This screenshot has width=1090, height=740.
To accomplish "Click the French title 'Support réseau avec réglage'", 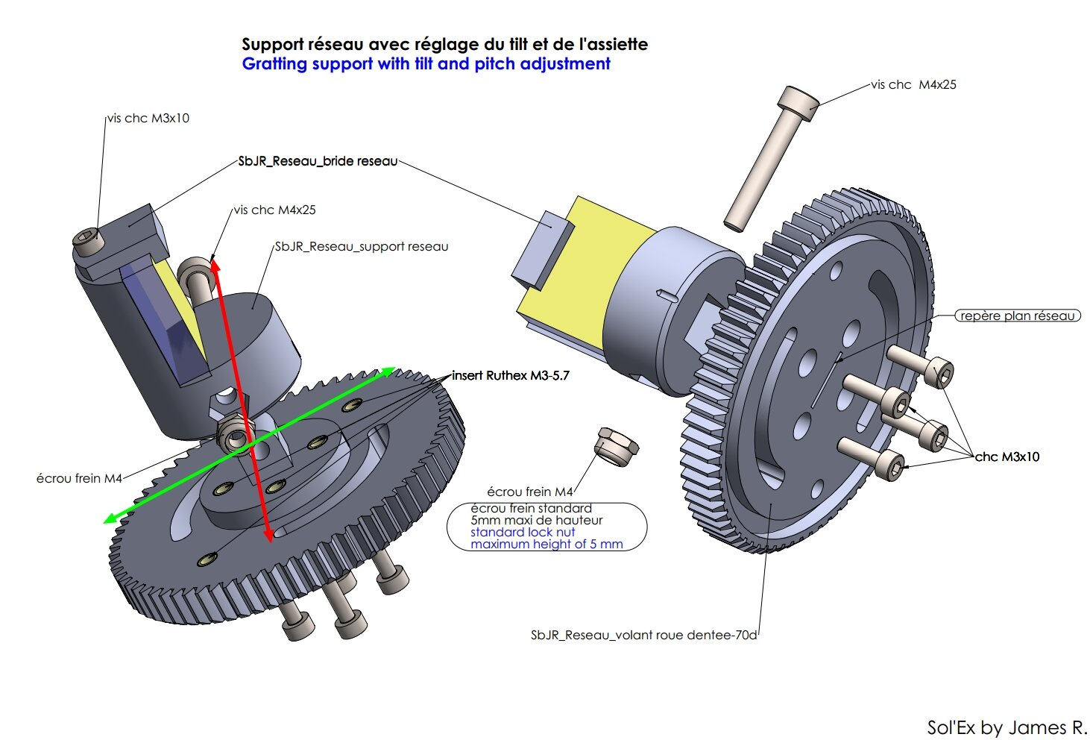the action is (x=359, y=44).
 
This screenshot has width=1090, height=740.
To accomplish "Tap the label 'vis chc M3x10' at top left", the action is (x=148, y=119).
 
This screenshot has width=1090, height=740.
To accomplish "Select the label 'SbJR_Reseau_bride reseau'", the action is (x=318, y=161).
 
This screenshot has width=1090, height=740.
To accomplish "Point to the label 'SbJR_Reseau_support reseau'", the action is (x=362, y=246).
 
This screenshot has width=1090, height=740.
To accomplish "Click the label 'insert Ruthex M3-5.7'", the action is (x=511, y=375).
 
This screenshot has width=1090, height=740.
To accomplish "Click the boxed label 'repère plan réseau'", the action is (x=1018, y=316).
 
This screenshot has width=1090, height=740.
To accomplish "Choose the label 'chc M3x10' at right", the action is (x=1007, y=457).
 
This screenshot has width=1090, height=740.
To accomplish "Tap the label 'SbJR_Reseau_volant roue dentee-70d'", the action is (x=643, y=636).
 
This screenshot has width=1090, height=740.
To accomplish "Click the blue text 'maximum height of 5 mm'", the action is (x=546, y=544).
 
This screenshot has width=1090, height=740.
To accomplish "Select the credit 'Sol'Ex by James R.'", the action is (x=1006, y=727).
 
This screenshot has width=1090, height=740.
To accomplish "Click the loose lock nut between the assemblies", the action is (x=616, y=446).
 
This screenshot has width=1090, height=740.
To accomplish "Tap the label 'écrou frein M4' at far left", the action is (x=79, y=479).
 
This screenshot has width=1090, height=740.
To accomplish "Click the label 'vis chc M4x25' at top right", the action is (x=913, y=85).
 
